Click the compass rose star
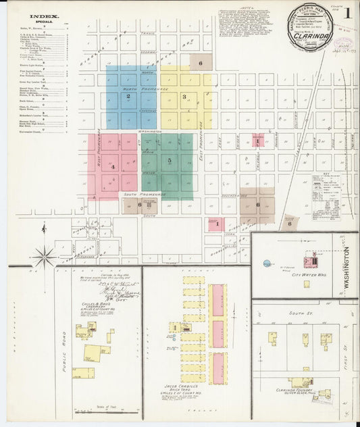[x=45, y=256]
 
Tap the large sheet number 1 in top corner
[x=347, y=12]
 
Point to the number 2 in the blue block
[x=128, y=97]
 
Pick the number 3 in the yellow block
[x=184, y=97]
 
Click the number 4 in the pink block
[x=113, y=167]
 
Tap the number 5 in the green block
[x=169, y=161]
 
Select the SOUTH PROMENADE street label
[x=144, y=195]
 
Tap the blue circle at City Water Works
[x=267, y=263]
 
